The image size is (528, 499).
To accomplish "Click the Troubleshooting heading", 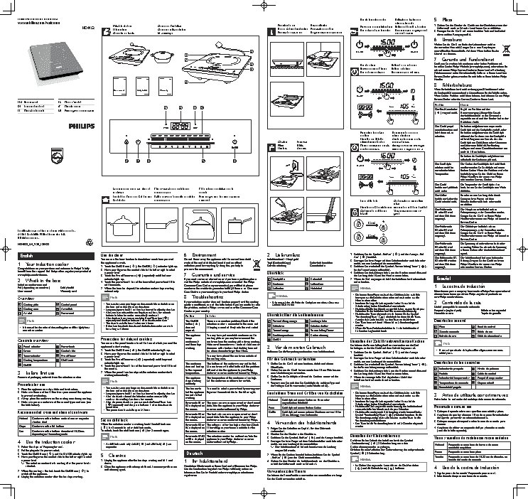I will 203,301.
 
